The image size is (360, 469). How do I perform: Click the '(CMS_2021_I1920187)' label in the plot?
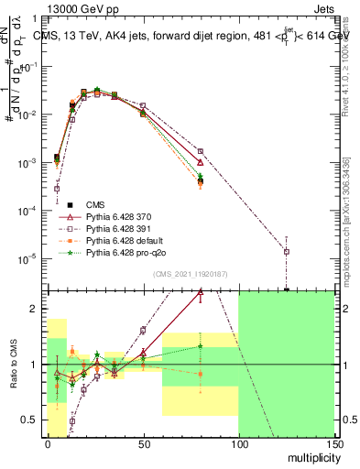click(x=190, y=274)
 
